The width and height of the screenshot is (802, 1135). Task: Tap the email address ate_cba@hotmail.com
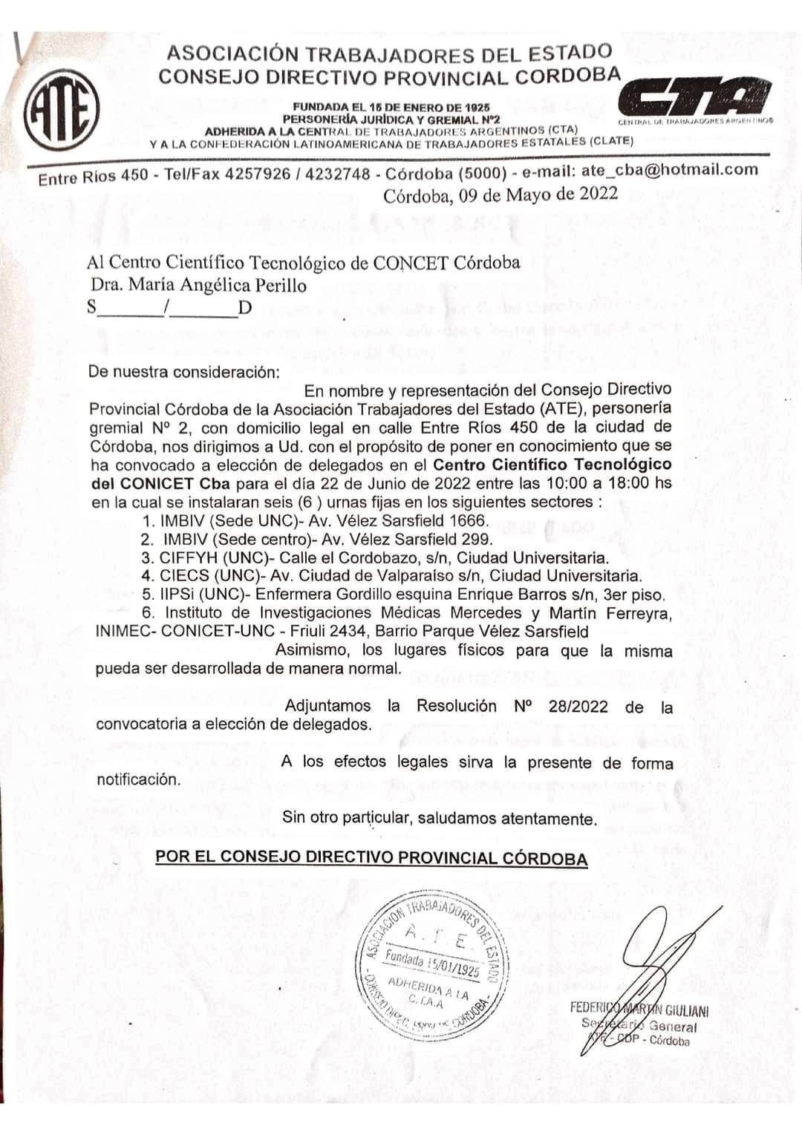coord(670,169)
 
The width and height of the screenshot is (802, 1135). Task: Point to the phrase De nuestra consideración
coord(183,373)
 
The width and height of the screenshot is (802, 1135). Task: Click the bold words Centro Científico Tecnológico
coord(552,465)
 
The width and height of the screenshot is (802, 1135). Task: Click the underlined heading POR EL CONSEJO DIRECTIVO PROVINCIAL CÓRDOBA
coord(371,858)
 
